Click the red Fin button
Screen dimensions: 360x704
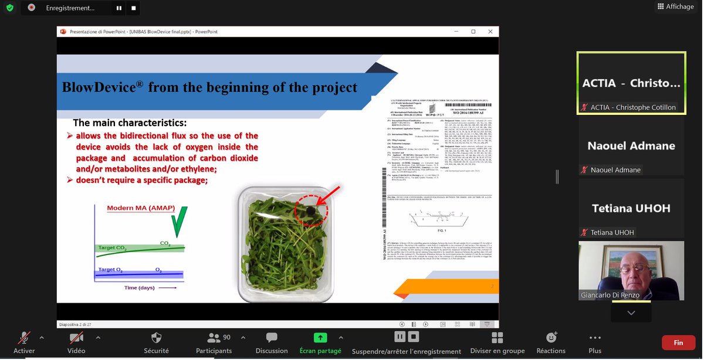[x=678, y=342]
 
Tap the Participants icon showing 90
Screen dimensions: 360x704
[x=214, y=338]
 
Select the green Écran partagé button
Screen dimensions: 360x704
[x=320, y=338]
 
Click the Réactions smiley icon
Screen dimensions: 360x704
[x=551, y=338]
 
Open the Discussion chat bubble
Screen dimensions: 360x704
[x=272, y=338]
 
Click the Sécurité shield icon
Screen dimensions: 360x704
[x=156, y=338]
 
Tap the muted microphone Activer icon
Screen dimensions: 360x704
[x=24, y=338]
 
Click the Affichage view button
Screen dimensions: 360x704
[x=675, y=6]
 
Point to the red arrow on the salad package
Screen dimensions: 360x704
[x=330, y=195]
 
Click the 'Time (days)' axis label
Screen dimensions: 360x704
[x=139, y=288]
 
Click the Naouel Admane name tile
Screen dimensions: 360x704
[x=631, y=146]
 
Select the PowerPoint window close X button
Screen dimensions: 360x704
[x=490, y=32]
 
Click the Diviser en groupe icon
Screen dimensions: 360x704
[x=497, y=338]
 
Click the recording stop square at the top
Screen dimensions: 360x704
[x=134, y=8]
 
